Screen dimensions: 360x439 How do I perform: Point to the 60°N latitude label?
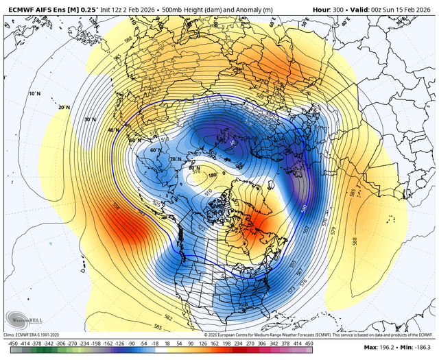click(154, 149)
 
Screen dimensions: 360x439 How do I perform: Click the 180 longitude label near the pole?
click(213, 175)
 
